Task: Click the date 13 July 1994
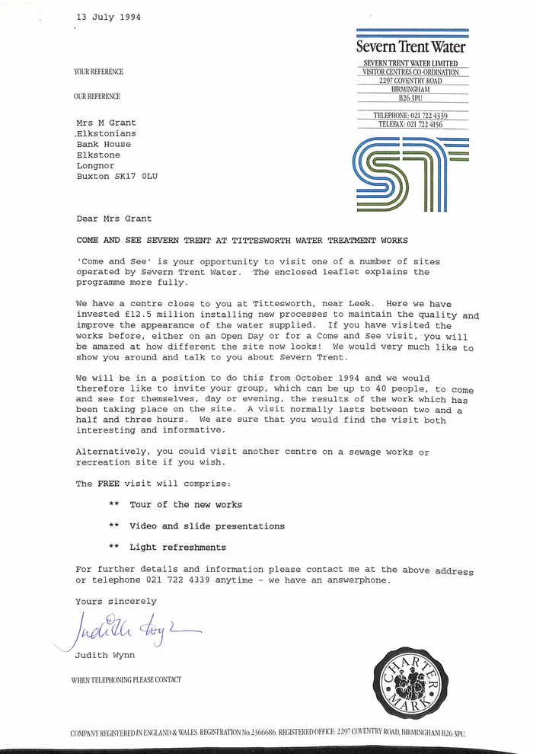[108, 17]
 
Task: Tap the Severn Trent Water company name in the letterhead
[411, 47]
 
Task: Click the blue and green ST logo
[411, 174]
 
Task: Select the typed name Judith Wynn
[102, 654]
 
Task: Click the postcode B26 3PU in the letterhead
[410, 98]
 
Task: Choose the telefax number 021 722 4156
[424, 124]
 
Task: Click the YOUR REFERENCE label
[98, 72]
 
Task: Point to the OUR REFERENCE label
[97, 97]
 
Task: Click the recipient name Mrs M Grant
[106, 122]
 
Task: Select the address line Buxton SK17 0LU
[116, 176]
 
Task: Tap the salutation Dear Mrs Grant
[114, 219]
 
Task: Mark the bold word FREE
[107, 484]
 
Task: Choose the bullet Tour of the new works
[185, 504]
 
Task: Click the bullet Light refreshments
[177, 547]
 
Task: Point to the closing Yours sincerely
[116, 602]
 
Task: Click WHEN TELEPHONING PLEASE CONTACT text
[126, 679]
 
